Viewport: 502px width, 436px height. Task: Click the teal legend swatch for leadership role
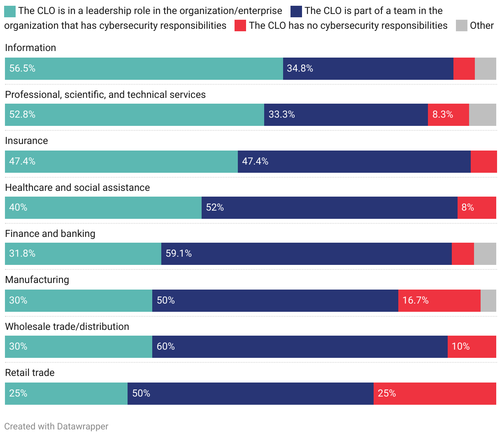click(10, 12)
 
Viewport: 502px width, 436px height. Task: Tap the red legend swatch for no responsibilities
click(240, 26)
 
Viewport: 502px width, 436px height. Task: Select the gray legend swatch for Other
click(462, 26)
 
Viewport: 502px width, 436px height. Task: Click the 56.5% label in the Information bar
click(22, 69)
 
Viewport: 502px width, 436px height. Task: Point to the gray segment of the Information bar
click(486, 69)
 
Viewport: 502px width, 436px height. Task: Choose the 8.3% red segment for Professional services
click(448, 115)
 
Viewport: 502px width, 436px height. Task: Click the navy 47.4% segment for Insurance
click(354, 162)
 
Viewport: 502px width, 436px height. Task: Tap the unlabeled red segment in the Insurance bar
click(483, 162)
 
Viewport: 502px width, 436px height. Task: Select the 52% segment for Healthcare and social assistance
click(329, 208)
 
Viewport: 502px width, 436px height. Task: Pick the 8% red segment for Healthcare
click(476, 208)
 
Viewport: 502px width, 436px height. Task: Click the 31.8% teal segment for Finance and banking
click(83, 254)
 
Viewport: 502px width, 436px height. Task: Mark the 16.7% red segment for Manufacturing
click(439, 301)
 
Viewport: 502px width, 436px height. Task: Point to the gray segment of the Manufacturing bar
click(488, 301)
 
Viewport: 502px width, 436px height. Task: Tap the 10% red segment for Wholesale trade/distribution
click(472, 347)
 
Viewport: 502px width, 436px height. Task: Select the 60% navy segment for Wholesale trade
click(300, 347)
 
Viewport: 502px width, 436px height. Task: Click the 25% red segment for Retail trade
click(435, 394)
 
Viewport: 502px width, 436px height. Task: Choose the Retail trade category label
click(30, 373)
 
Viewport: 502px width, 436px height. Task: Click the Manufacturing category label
click(37, 280)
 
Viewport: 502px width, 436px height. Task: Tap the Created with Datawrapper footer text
click(56, 427)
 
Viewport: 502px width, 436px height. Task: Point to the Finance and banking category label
click(50, 234)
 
